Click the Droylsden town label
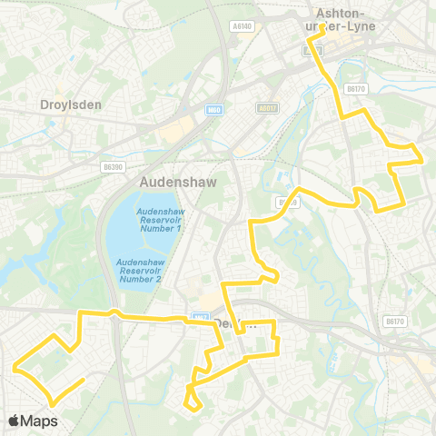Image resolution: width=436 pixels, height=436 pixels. click(x=71, y=104)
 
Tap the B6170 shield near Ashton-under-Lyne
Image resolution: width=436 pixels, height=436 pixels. click(x=355, y=89)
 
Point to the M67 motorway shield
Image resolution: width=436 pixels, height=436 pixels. click(x=200, y=317)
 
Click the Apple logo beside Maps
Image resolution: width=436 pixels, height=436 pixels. click(x=14, y=421)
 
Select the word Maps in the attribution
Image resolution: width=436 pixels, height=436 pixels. click(x=39, y=421)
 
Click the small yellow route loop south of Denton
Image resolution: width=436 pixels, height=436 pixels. click(x=192, y=396)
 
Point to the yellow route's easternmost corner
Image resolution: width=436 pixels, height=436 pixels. click(x=423, y=159)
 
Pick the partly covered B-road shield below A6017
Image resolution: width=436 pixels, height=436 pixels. click(x=288, y=202)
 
